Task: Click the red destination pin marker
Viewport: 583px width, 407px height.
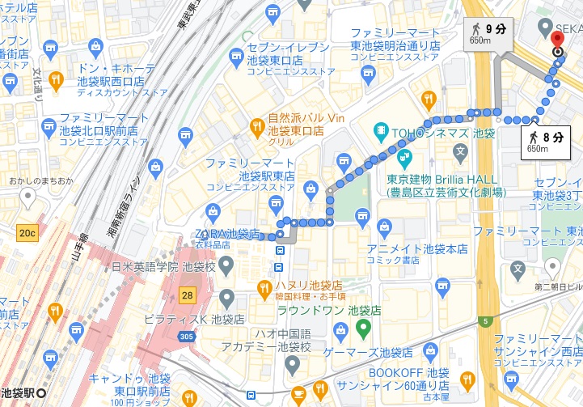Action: click(x=557, y=41)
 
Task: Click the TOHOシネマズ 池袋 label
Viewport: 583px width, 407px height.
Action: click(x=443, y=132)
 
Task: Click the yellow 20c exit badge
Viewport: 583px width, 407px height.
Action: click(x=27, y=233)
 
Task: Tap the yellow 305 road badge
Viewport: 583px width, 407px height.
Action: click(x=187, y=337)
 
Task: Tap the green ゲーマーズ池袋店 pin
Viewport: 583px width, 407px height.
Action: click(x=363, y=329)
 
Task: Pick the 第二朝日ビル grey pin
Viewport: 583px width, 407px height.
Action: click(x=552, y=266)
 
